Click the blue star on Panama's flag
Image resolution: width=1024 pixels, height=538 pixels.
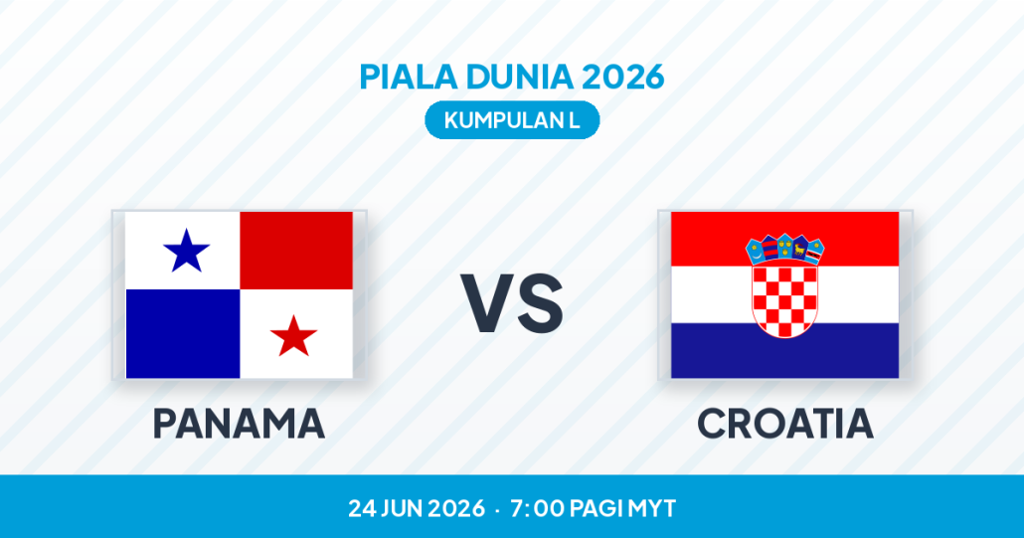(x=186, y=251)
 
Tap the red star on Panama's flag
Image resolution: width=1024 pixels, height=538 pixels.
(x=294, y=336)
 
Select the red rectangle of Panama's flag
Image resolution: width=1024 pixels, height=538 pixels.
(x=296, y=250)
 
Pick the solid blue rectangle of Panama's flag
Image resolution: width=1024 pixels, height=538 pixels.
(x=183, y=333)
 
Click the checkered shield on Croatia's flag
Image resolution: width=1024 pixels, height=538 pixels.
(x=785, y=300)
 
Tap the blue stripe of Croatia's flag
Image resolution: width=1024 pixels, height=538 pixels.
(x=785, y=351)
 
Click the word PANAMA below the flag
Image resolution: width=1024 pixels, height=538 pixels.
(x=239, y=424)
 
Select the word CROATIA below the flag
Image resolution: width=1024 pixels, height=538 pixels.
(x=785, y=424)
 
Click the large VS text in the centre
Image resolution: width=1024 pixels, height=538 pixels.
(x=512, y=304)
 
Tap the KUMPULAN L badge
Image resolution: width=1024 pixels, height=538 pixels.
(x=512, y=120)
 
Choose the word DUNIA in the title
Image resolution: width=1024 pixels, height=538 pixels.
(x=520, y=77)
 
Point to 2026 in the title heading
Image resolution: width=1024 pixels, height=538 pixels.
(x=623, y=77)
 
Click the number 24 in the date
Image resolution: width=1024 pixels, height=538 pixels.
(x=361, y=508)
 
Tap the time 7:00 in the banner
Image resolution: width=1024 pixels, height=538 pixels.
(x=537, y=508)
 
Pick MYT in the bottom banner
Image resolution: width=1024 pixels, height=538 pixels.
(x=652, y=508)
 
